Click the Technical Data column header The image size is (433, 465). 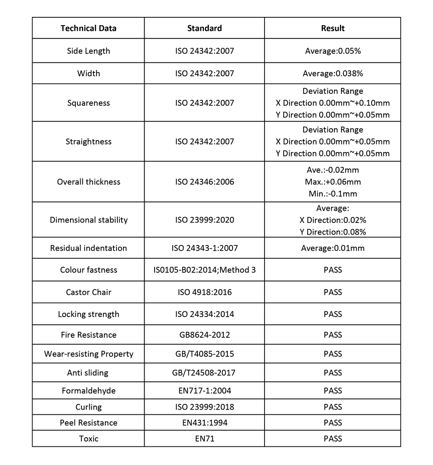[88, 29]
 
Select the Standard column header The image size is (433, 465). [204, 29]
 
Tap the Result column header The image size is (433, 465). [333, 29]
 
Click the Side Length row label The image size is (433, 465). [88, 51]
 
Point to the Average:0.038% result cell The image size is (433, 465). [333, 74]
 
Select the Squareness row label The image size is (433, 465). [88, 103]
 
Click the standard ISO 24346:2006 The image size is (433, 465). [204, 182]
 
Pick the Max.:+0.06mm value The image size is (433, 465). [333, 182]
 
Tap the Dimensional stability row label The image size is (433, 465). [88, 220]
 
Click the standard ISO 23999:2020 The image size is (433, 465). [204, 220]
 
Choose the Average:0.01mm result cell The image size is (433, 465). [333, 249]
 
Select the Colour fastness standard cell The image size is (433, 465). [204, 270]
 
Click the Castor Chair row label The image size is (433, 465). [88, 292]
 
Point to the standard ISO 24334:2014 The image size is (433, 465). [204, 314]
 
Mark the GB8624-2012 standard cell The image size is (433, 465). [204, 335]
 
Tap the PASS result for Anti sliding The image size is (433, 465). [333, 373]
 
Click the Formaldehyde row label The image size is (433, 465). [88, 391]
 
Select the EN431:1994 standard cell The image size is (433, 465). [204, 423]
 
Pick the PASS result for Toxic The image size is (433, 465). [333, 439]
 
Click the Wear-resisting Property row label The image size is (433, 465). [88, 354]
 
